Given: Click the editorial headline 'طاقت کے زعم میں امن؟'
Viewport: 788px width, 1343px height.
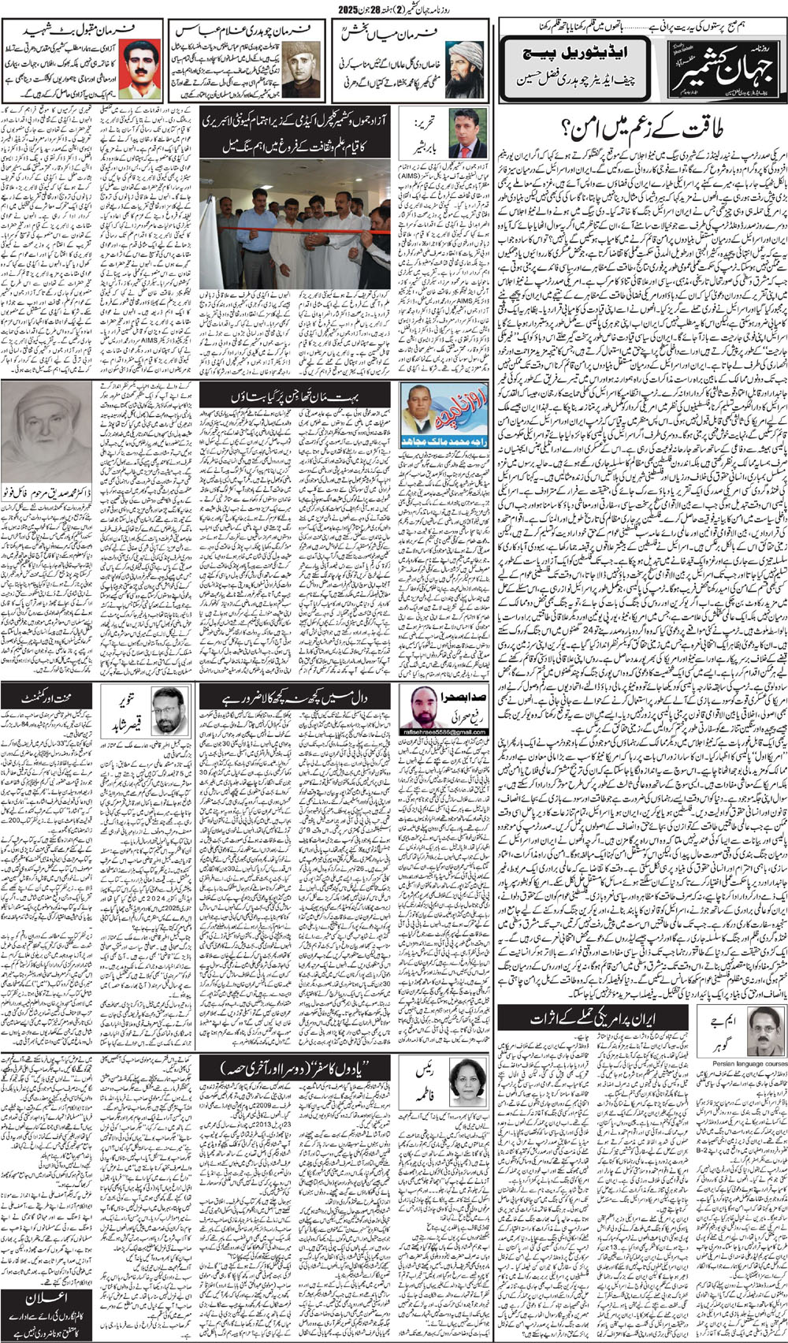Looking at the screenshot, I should [640, 125].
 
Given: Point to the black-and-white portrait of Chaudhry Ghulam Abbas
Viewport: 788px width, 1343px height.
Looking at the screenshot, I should [303, 69].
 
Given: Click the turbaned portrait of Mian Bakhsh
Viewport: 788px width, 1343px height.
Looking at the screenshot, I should [464, 69].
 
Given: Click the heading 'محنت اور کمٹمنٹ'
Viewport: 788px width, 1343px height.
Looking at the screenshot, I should [48, 697].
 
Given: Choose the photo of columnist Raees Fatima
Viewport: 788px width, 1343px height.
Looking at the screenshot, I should [467, 1079].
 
